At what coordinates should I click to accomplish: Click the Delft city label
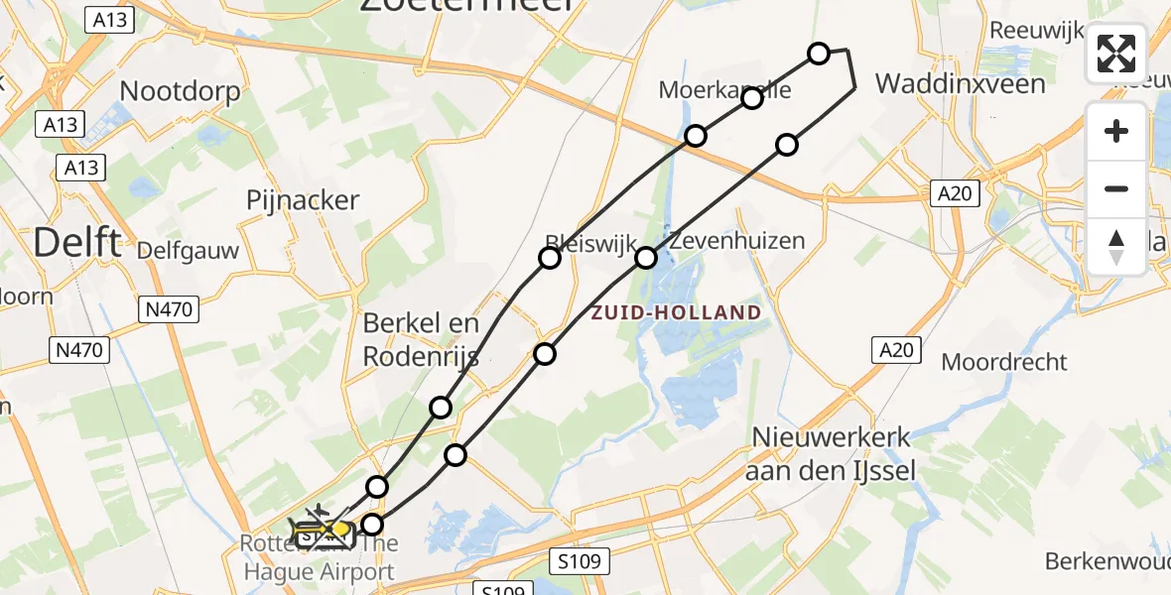pos(79,241)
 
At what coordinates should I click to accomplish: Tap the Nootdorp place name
pos(180,92)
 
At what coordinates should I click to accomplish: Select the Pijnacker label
pos(303,200)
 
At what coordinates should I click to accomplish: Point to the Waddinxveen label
pos(961,83)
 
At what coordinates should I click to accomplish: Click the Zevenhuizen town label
pos(736,240)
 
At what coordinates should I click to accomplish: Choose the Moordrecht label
pos(1004,362)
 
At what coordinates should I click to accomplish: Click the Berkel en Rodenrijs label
pos(421,339)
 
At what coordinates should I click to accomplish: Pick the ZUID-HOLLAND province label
pos(676,312)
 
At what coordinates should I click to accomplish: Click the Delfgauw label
pos(189,250)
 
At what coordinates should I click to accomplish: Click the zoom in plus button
pos(1116,131)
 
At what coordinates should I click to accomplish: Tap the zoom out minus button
pos(1116,188)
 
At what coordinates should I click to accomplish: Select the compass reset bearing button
pos(1116,246)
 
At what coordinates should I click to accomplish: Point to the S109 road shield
pos(578,562)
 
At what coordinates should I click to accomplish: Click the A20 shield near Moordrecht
pos(897,349)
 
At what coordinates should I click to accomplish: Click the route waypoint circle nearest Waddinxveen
pos(819,54)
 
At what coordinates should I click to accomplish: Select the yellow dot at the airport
pos(340,530)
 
